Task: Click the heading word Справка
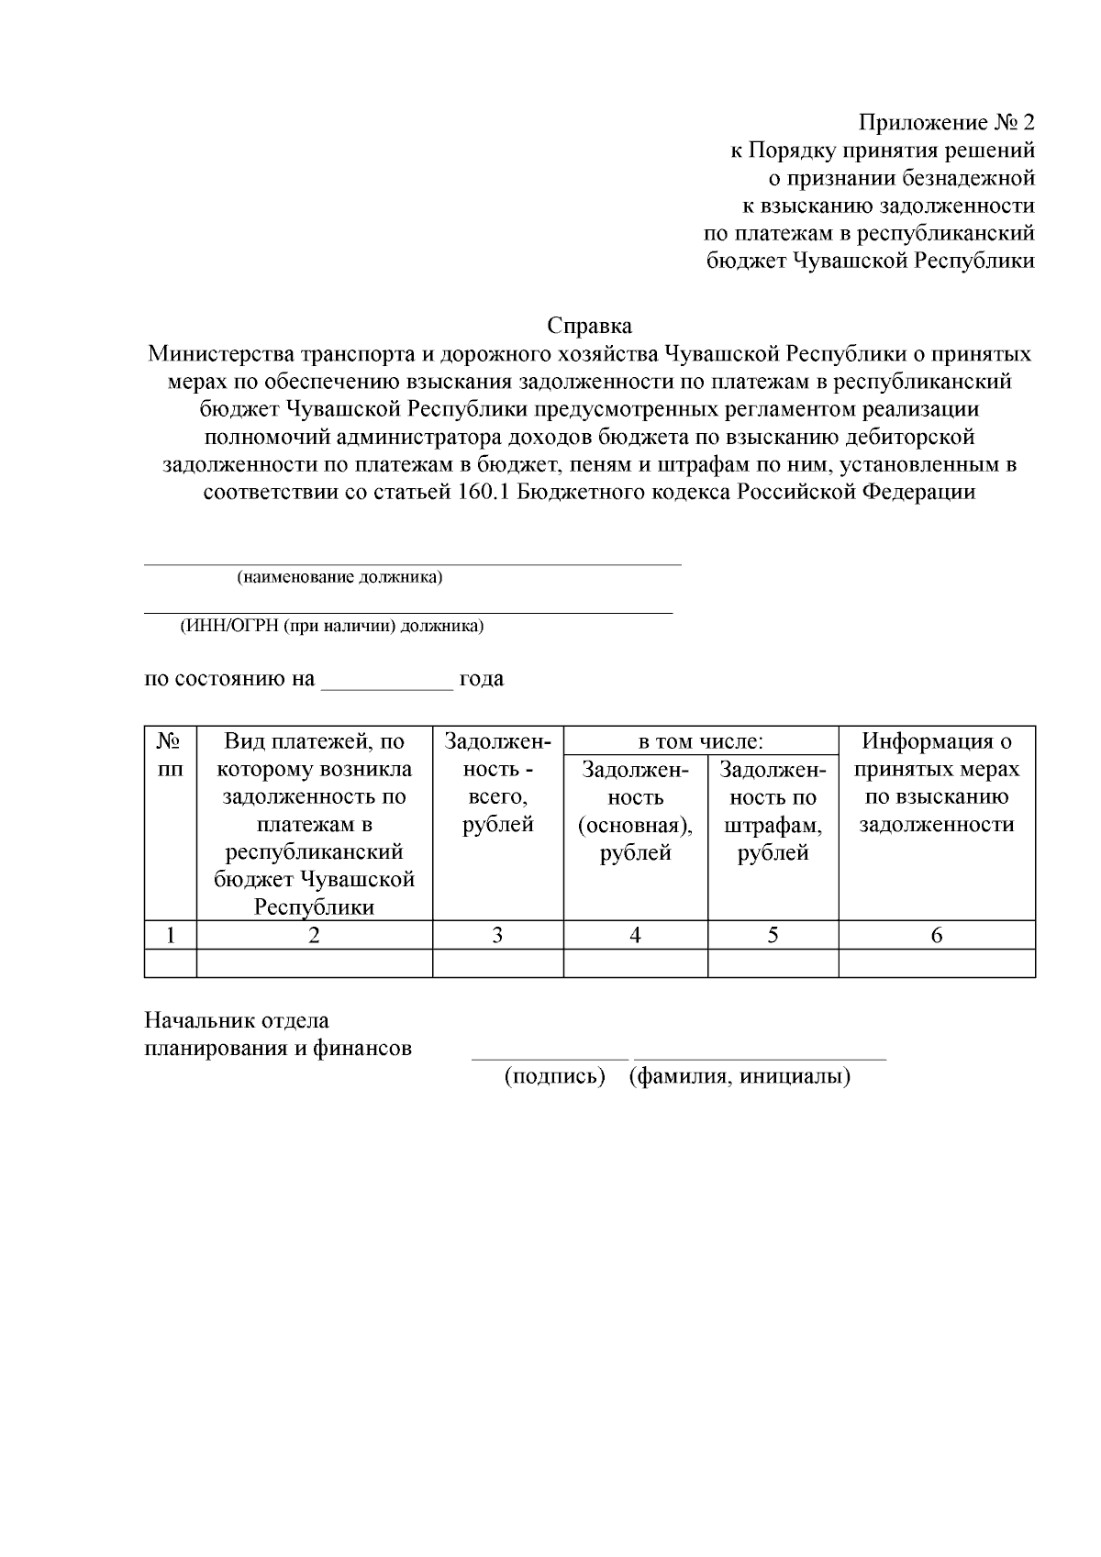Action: click(x=589, y=326)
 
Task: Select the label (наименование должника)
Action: click(x=339, y=577)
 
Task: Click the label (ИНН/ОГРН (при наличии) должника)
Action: click(x=331, y=627)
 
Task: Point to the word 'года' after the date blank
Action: click(x=482, y=679)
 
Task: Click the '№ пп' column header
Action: click(x=170, y=753)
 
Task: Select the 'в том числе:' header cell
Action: click(x=701, y=741)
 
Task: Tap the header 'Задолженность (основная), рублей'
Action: click(x=635, y=811)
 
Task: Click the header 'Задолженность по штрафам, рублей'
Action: click(x=773, y=811)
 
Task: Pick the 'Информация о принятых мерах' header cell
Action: click(x=937, y=783)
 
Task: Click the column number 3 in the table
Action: click(x=497, y=935)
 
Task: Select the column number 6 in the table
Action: click(x=937, y=935)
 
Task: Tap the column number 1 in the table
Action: click(x=171, y=935)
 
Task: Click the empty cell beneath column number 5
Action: click(x=773, y=962)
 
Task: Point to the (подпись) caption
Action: click(x=555, y=1076)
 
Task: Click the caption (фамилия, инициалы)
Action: click(x=740, y=1076)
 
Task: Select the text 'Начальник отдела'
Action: click(x=237, y=1020)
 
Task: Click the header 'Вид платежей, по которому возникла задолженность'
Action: click(x=314, y=823)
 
